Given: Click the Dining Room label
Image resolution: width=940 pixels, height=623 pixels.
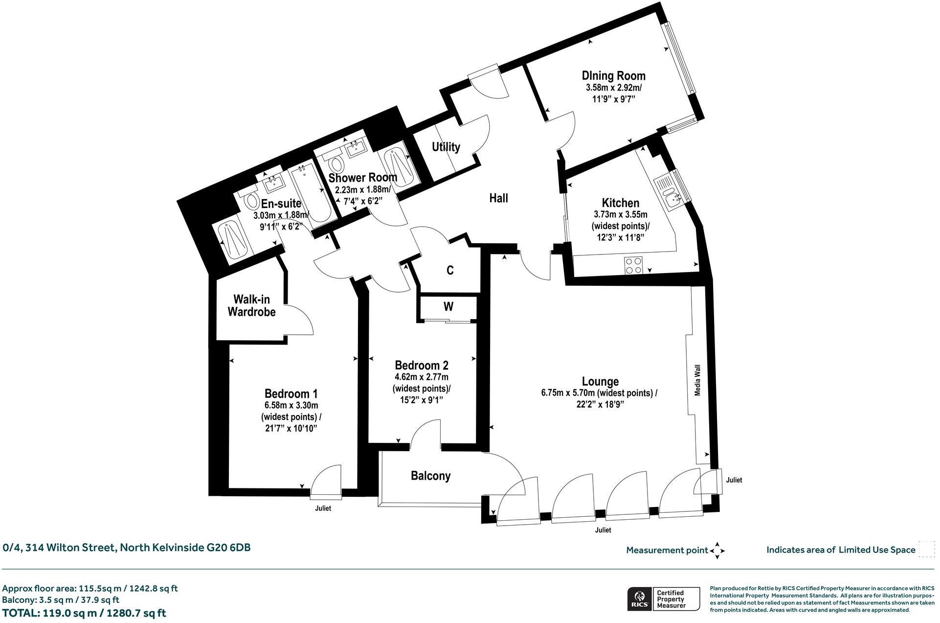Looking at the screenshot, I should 613,76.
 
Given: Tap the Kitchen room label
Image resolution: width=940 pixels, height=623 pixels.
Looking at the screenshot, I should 620,203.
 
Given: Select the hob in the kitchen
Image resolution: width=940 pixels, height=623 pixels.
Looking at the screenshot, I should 633,265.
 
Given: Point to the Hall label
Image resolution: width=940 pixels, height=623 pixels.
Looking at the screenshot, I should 498,198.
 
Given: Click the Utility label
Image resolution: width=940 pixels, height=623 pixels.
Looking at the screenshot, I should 446,147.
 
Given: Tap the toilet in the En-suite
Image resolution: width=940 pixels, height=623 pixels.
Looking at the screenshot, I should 252,200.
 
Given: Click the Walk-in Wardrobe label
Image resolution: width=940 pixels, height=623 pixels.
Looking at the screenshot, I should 251,305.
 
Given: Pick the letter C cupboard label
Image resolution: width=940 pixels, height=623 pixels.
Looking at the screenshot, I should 450,270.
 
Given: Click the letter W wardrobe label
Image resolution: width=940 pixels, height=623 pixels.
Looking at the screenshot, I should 448,307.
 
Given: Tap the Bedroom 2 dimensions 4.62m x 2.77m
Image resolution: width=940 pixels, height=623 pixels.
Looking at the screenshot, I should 421,377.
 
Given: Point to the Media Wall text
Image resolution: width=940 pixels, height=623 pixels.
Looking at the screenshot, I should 697,380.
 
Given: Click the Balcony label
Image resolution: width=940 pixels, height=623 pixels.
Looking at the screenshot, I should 430,476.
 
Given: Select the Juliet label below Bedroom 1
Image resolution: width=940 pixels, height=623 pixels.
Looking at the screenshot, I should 323,508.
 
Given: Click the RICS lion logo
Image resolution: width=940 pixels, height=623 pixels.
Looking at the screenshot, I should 639,599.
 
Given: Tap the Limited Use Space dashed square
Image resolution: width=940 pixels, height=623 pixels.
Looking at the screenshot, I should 926,549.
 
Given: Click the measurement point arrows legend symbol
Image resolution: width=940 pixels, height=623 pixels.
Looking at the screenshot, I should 717,550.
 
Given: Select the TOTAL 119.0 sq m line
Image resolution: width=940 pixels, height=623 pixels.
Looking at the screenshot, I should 84,613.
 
